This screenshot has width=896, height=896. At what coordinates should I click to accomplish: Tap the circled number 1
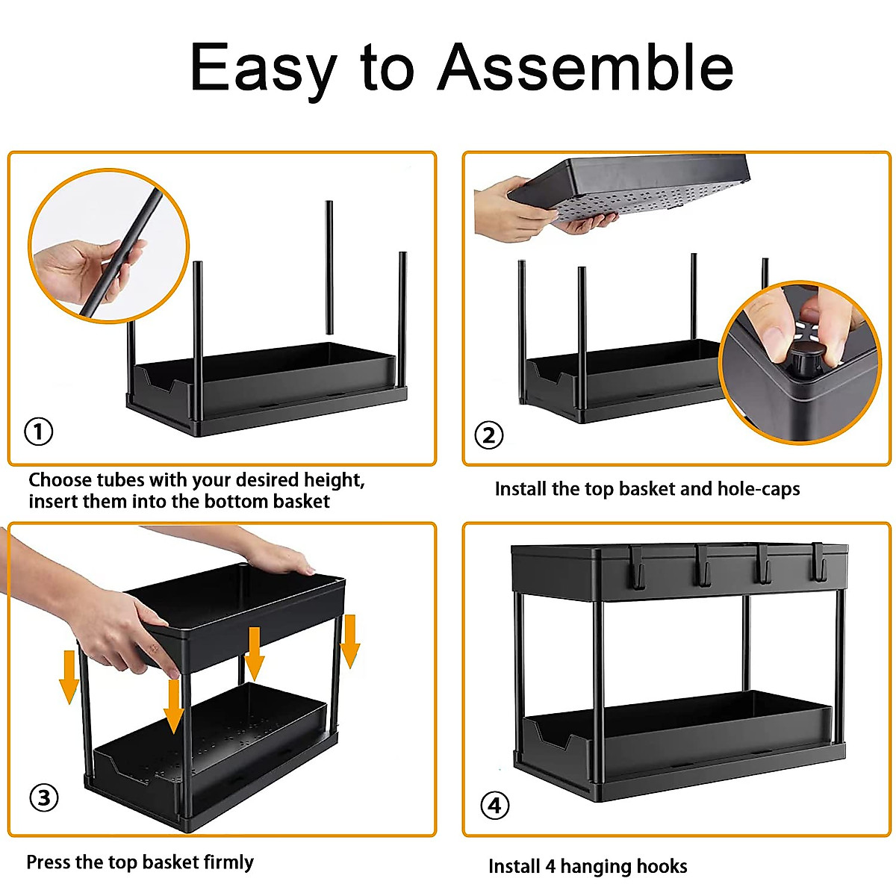click(x=39, y=432)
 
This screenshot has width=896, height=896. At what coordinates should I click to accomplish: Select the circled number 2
click(x=489, y=435)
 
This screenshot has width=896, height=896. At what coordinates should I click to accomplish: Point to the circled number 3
click(x=44, y=797)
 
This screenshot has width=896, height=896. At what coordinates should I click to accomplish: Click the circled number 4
click(x=494, y=806)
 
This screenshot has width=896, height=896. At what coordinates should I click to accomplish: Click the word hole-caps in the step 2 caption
click(x=758, y=489)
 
